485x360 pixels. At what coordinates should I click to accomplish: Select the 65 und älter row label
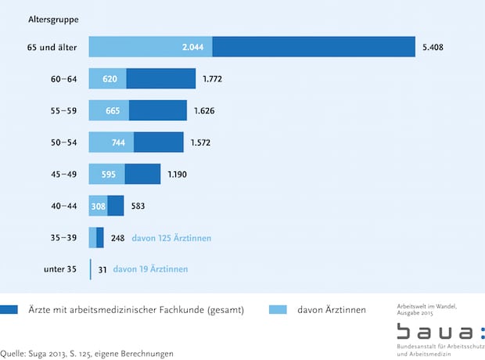point(51,46)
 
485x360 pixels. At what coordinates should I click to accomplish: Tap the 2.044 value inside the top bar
point(192,46)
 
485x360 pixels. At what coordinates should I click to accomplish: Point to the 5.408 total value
point(435,46)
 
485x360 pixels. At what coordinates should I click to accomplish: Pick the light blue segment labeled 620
point(108,78)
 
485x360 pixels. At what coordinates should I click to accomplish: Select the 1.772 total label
point(215,78)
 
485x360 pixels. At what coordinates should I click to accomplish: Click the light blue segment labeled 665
point(110,110)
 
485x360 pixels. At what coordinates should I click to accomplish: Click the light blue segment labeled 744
point(112,142)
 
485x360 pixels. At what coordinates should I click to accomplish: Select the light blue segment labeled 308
point(99,206)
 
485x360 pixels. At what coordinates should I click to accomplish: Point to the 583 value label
point(140,206)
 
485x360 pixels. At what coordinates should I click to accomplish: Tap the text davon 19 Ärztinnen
point(150,270)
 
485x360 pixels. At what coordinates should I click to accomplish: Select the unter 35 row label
point(59,270)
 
